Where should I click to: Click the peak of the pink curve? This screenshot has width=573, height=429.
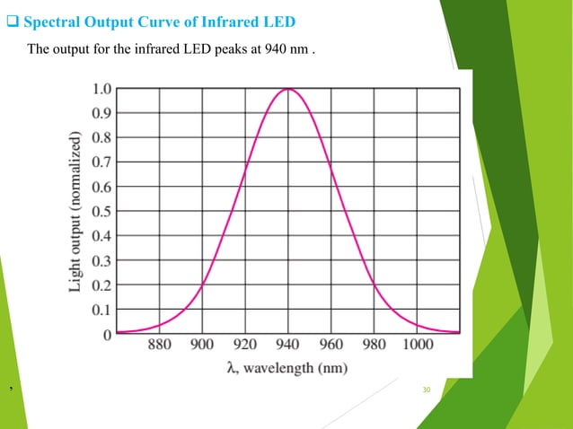pos(287,89)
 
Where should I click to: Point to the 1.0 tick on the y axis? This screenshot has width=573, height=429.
pos(102,89)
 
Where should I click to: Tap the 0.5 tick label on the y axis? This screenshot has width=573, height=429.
pos(102,212)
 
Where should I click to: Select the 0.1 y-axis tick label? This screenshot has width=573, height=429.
pos(102,310)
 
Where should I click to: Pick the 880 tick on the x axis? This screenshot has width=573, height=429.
pos(159,345)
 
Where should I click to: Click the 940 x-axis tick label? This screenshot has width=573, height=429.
pos(287,345)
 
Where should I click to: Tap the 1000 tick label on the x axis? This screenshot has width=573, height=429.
pos(416,345)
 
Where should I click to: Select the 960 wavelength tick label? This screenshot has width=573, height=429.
pos(331,345)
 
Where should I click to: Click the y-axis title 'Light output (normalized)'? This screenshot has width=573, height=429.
pos(78,212)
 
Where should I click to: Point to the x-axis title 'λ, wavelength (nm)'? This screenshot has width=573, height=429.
pos(287,367)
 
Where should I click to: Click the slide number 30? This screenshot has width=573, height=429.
pos(427,390)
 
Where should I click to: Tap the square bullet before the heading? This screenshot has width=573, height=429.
pos(13,21)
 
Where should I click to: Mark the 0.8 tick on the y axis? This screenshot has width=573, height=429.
pos(102,138)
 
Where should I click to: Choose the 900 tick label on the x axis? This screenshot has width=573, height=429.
pos(202,345)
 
